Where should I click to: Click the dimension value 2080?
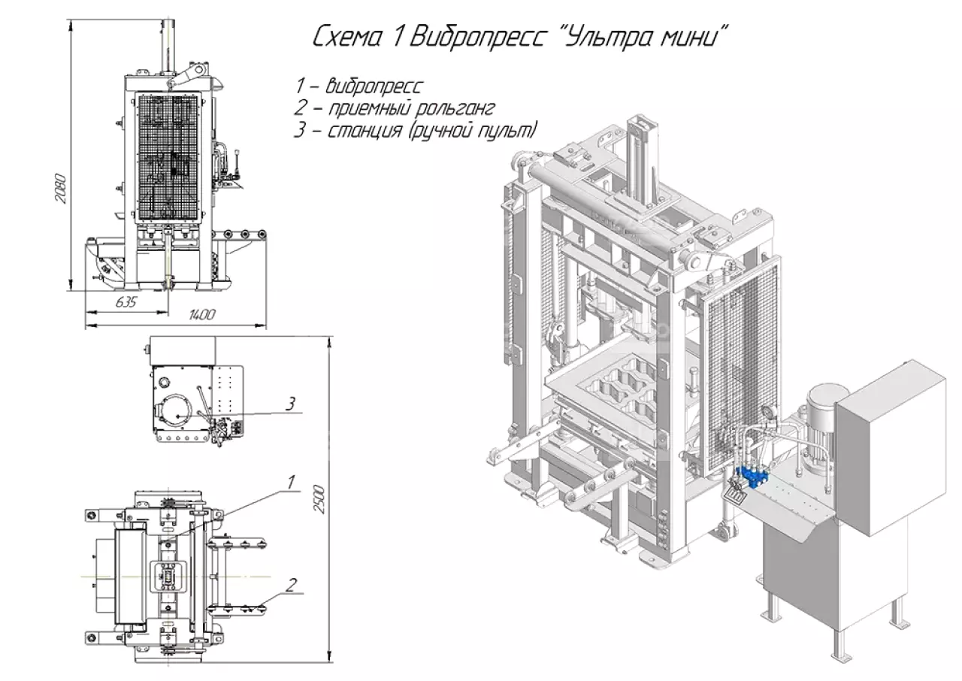click(x=61, y=190)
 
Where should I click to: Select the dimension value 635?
click(x=126, y=302)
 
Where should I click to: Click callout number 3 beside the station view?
click(x=289, y=404)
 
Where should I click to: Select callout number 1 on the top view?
click(x=291, y=481)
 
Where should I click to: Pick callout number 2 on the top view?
click(x=292, y=583)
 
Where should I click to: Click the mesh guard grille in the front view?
click(x=169, y=158)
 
